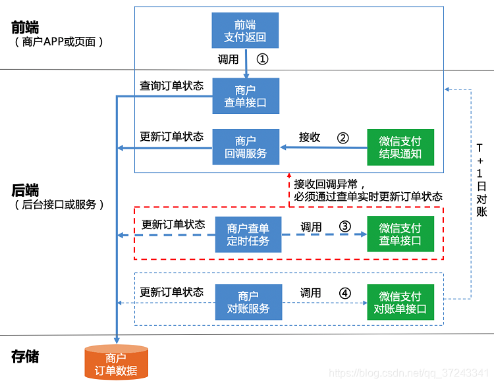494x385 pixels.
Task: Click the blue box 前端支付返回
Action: [246, 30]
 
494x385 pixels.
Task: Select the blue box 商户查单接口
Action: [246, 96]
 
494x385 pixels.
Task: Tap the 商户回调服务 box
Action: [246, 147]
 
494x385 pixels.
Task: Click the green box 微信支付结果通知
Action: [400, 147]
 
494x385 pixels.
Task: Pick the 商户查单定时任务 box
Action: [248, 234]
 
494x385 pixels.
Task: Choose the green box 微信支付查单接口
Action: [400, 234]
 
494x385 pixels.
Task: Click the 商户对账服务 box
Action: [248, 302]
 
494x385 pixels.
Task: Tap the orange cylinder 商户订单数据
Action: [117, 363]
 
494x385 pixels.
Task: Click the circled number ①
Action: [263, 59]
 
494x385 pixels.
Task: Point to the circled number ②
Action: [343, 138]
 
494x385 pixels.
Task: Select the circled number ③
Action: [345, 226]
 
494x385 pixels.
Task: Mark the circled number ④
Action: [345, 293]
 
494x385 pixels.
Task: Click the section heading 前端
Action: [25, 27]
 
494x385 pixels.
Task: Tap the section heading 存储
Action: [25, 357]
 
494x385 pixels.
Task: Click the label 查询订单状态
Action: [171, 86]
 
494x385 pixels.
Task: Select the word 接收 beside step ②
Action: [310, 138]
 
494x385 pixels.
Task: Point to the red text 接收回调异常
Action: [330, 184]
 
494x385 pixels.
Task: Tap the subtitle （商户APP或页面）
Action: [59, 42]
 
